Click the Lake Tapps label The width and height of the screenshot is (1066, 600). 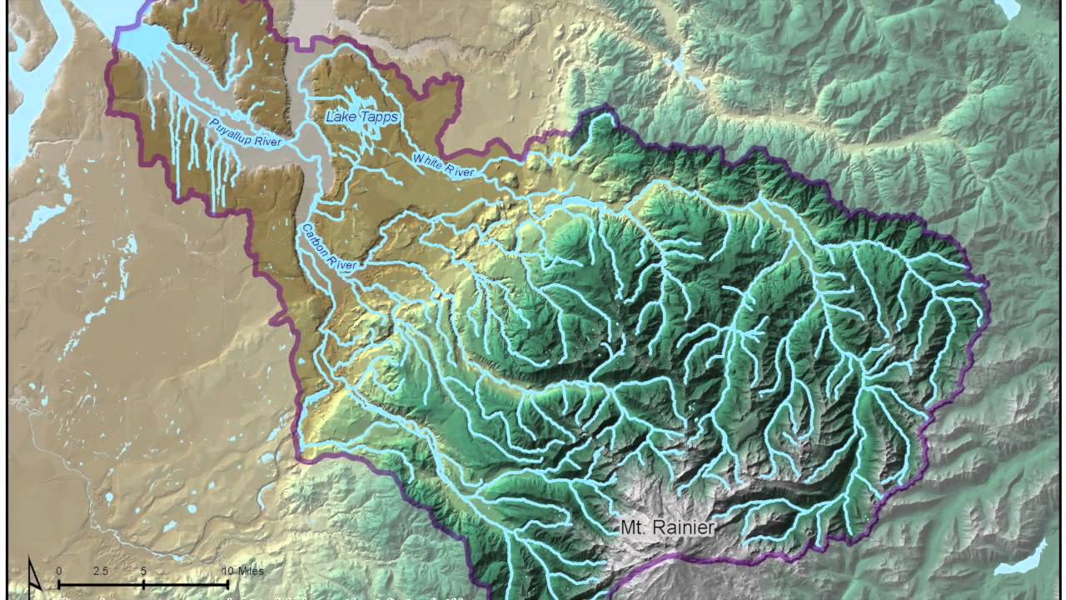[x=361, y=117]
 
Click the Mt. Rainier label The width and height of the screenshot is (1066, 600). [x=667, y=527]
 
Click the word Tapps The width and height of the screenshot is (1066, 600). [x=379, y=117]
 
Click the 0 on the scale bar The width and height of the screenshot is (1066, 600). [x=59, y=571]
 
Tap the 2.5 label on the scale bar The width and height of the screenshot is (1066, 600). [x=100, y=571]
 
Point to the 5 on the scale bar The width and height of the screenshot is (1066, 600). [x=143, y=571]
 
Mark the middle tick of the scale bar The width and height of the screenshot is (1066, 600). [x=143, y=584]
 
